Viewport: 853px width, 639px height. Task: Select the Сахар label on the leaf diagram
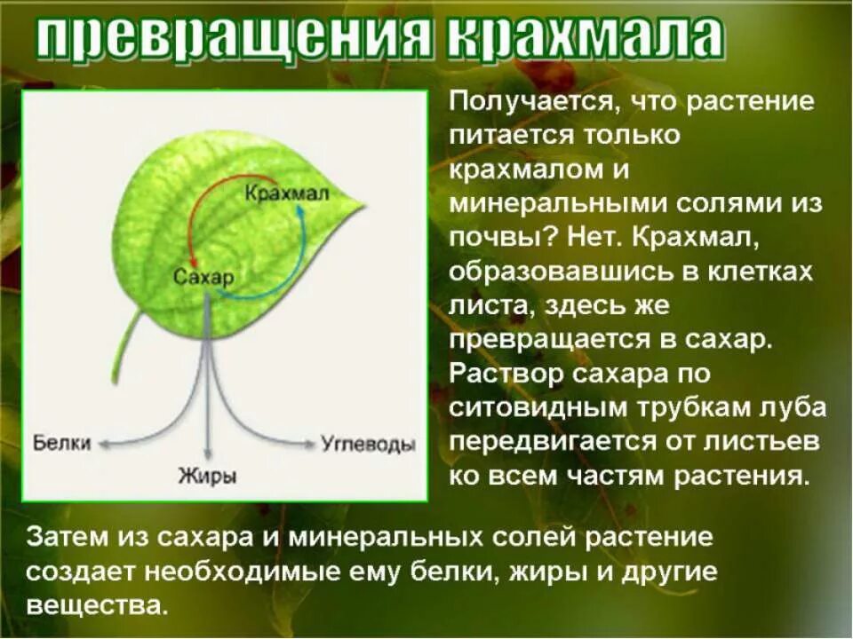[x=203, y=277]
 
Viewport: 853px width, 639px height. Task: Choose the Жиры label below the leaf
[x=207, y=476]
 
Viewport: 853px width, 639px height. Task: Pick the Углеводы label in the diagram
[x=368, y=443]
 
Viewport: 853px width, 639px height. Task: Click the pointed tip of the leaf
[x=363, y=203]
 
